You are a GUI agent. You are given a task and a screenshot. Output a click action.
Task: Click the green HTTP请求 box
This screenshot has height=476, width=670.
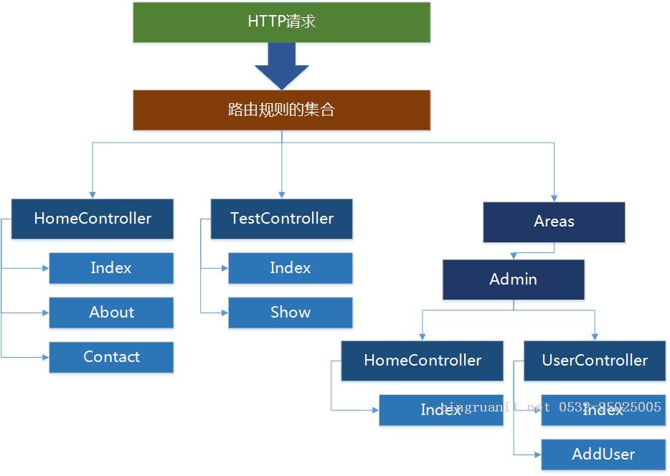(281, 22)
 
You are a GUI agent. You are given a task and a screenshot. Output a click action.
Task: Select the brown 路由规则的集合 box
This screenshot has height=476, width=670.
(281, 110)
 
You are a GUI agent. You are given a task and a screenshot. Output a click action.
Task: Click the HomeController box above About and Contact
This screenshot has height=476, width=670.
(93, 219)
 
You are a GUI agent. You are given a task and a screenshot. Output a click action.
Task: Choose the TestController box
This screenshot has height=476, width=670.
(281, 219)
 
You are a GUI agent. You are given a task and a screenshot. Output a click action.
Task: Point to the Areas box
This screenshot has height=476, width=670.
(554, 222)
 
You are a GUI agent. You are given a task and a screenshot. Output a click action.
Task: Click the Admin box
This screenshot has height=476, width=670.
(513, 280)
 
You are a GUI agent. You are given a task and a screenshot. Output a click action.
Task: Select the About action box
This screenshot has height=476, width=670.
(111, 313)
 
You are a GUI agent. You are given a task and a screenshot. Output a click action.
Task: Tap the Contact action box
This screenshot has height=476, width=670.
(111, 357)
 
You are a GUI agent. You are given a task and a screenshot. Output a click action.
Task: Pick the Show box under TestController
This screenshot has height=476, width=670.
(291, 313)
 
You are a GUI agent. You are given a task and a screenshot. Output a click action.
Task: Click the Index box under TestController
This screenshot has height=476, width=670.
(291, 268)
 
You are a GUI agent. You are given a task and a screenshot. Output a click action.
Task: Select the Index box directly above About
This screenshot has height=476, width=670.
(111, 268)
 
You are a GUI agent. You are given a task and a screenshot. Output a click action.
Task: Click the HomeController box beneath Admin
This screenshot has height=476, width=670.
(422, 361)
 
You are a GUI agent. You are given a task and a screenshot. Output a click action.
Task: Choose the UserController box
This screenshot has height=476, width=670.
(595, 361)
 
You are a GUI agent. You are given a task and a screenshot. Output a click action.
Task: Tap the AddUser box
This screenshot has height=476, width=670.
(603, 454)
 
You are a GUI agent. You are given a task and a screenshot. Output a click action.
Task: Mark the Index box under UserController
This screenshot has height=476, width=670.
(603, 410)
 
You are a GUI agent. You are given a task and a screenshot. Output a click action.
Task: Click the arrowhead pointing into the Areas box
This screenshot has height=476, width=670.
(554, 198)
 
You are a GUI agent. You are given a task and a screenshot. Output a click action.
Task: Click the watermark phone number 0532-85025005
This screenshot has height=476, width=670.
(610, 407)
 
